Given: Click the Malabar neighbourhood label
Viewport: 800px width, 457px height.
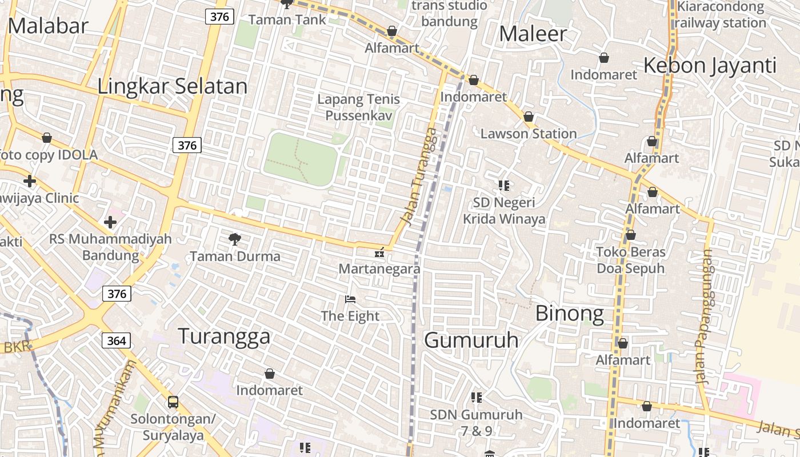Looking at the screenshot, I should pos(48,26).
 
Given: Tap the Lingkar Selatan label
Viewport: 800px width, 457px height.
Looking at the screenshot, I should pos(172,86).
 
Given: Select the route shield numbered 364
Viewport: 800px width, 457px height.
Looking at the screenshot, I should pos(117,341).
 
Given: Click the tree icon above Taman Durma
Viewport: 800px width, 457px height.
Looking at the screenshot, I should pos(234,239).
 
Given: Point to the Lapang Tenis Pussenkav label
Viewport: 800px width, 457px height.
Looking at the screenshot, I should pos(358,107).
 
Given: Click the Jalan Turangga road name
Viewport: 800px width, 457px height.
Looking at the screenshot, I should pos(419,177).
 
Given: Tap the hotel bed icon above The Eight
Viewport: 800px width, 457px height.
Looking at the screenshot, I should pos(350,299).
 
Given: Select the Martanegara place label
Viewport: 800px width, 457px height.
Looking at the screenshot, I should pos(379,268).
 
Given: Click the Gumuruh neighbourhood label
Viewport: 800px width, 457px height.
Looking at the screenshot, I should pos(471,340).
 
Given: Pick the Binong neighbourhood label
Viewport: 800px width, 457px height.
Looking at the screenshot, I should pos(569,314).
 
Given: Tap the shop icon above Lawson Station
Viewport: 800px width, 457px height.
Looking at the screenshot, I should pos(529,117).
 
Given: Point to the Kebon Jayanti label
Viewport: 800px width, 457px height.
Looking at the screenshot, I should pos(710,66).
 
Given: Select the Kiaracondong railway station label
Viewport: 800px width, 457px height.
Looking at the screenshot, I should pos(720,15).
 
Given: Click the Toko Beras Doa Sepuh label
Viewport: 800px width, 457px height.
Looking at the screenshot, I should pos(631,260).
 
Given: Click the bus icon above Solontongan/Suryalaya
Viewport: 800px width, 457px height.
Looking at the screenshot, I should pos(173,402).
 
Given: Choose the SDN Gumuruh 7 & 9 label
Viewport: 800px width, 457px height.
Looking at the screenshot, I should pos(477,423).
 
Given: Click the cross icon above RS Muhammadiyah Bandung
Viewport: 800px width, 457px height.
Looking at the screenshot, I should pos(110,222).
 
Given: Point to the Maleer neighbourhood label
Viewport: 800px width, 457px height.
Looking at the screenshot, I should pos(533,34).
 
